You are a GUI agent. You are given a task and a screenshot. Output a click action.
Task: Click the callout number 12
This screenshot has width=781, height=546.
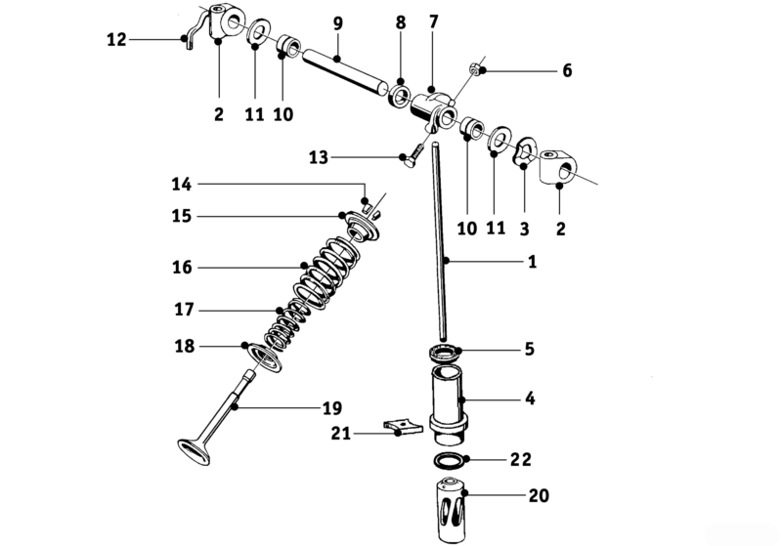[x=115, y=40]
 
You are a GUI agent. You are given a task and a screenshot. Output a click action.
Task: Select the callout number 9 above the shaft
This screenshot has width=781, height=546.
[x=337, y=22]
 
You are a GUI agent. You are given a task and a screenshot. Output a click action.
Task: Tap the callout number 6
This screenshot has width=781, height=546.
[x=566, y=71]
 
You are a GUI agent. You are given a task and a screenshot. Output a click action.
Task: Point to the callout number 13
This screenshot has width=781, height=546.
[x=319, y=157]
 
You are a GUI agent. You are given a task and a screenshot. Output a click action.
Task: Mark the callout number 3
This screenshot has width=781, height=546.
[x=525, y=229]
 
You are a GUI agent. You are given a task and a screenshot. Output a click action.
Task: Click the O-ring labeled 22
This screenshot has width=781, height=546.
[x=448, y=459]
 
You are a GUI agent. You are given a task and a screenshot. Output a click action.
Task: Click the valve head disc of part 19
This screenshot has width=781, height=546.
[x=196, y=450]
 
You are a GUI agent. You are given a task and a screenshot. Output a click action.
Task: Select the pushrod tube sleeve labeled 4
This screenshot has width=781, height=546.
[x=449, y=400]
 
